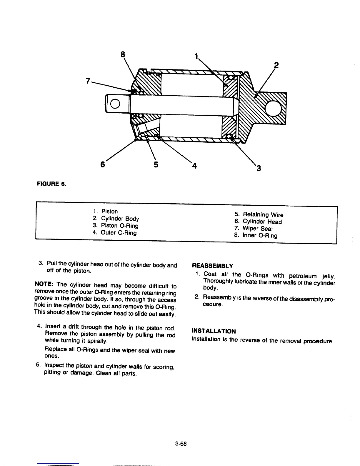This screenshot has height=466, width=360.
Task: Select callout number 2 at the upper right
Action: coord(276,65)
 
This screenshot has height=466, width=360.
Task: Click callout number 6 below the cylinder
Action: coord(103,165)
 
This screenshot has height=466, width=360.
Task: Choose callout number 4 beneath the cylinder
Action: coord(194,166)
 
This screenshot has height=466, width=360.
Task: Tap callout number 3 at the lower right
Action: coord(259,168)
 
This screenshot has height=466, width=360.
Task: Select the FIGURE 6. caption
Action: coord(51,184)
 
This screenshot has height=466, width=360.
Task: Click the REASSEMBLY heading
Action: coord(212,266)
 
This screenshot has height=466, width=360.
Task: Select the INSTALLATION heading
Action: coord(214,331)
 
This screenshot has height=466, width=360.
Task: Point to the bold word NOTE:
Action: coord(44,284)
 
